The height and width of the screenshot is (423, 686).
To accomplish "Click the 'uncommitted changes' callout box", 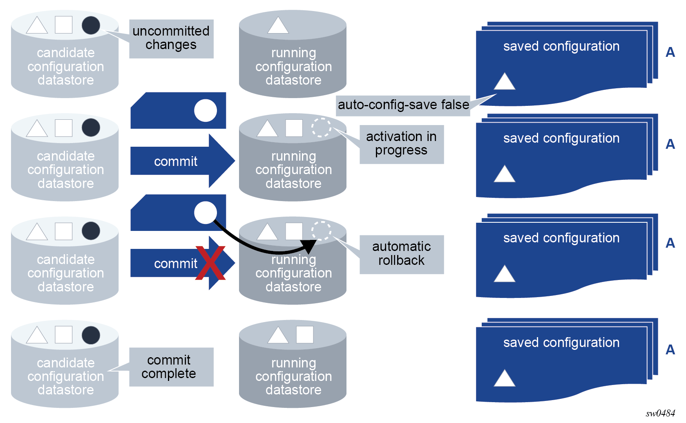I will click(171, 38).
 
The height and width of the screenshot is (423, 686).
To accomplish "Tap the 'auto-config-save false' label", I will click(403, 105).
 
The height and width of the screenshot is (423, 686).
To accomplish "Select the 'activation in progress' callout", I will click(401, 144).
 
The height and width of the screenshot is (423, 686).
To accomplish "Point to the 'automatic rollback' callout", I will click(401, 254).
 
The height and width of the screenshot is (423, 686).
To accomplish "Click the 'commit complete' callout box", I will click(171, 367).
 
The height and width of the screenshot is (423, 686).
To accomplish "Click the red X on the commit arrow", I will click(210, 263).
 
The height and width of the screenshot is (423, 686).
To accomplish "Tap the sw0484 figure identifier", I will click(660, 413).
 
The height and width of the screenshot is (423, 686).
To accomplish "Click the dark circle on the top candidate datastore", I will click(91, 25).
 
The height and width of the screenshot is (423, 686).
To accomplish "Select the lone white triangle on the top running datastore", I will click(278, 25).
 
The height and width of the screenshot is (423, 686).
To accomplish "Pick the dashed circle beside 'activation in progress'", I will click(322, 128).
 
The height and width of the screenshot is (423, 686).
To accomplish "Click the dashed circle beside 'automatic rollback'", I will click(322, 231).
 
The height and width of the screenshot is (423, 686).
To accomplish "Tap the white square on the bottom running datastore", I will click(305, 335).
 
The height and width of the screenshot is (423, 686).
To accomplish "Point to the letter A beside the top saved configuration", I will click(670, 52).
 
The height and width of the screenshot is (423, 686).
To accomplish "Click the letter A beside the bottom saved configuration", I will click(670, 350).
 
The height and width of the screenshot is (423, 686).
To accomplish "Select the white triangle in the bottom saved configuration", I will click(504, 379).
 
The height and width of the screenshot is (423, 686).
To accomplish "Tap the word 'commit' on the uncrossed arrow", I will click(176, 161).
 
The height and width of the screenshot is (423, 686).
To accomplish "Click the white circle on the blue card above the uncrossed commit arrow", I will click(205, 110).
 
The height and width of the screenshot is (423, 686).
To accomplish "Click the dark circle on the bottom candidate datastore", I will click(91, 336).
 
